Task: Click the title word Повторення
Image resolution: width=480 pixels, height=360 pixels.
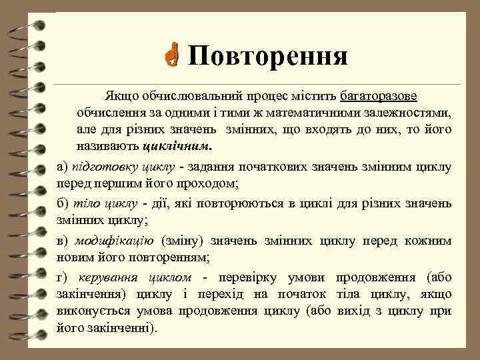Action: click(x=267, y=57)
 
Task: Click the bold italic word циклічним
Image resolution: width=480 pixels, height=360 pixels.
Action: click(x=179, y=145)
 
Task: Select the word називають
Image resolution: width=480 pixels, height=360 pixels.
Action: click(x=107, y=145)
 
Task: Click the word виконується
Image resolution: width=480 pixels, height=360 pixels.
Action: click(x=90, y=311)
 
